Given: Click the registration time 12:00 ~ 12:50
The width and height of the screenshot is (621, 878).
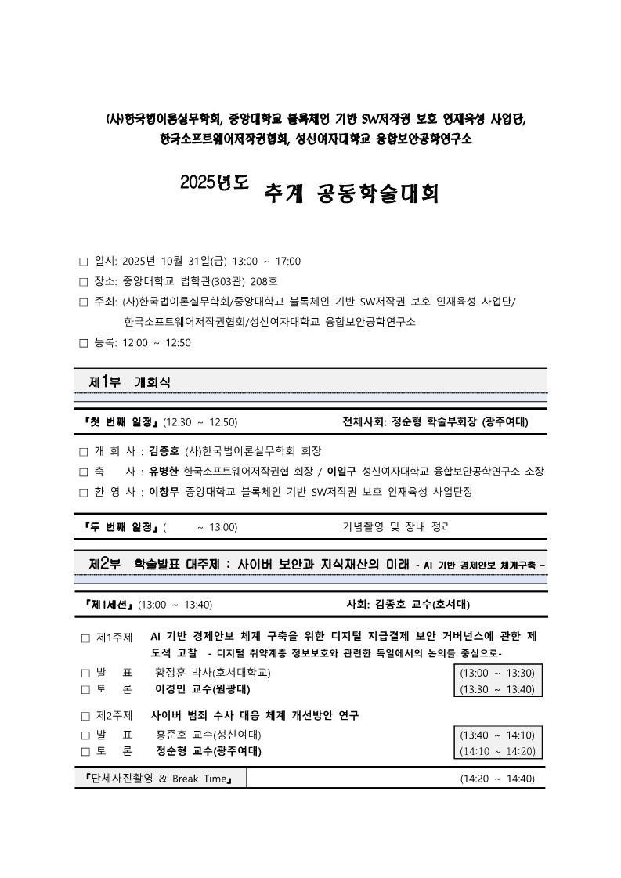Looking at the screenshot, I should pos(157,342).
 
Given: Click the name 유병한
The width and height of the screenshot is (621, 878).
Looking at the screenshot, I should pos(164,472).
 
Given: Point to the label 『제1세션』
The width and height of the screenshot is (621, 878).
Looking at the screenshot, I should pos(108,605).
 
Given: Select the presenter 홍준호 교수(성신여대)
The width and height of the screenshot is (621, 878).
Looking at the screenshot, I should pos(208,735).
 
